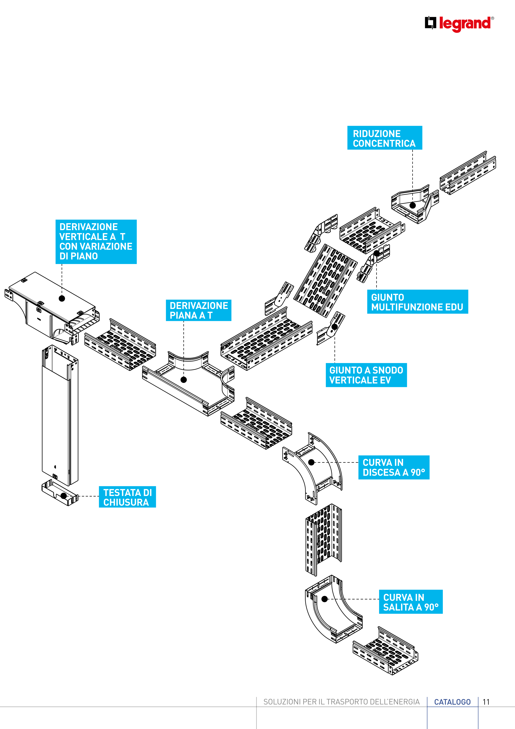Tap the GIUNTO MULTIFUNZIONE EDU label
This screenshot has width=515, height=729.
[417, 302]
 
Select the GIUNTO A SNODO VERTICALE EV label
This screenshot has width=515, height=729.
[366, 375]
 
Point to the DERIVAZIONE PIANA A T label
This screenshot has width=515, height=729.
[198, 310]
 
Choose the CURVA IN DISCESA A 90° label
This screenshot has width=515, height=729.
[394, 467]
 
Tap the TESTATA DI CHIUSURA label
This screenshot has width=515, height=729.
[127, 497]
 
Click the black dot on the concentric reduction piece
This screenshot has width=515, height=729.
[412, 205]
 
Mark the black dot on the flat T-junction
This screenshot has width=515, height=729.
[184, 379]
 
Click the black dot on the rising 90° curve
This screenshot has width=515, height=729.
[324, 599]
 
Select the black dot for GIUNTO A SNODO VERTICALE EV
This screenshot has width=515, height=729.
[335, 327]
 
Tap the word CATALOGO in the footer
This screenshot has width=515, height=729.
[452, 702]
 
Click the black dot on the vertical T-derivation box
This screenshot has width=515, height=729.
[62, 298]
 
